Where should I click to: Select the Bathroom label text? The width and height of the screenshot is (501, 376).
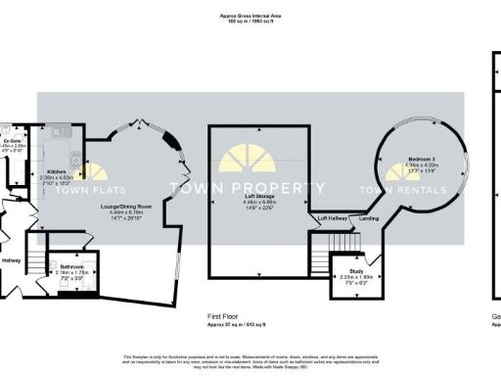[72, 266]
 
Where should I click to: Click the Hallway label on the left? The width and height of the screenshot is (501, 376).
[11, 260]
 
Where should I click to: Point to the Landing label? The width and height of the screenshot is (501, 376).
[370, 217]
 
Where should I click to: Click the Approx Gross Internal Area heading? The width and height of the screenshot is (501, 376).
[250, 15]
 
